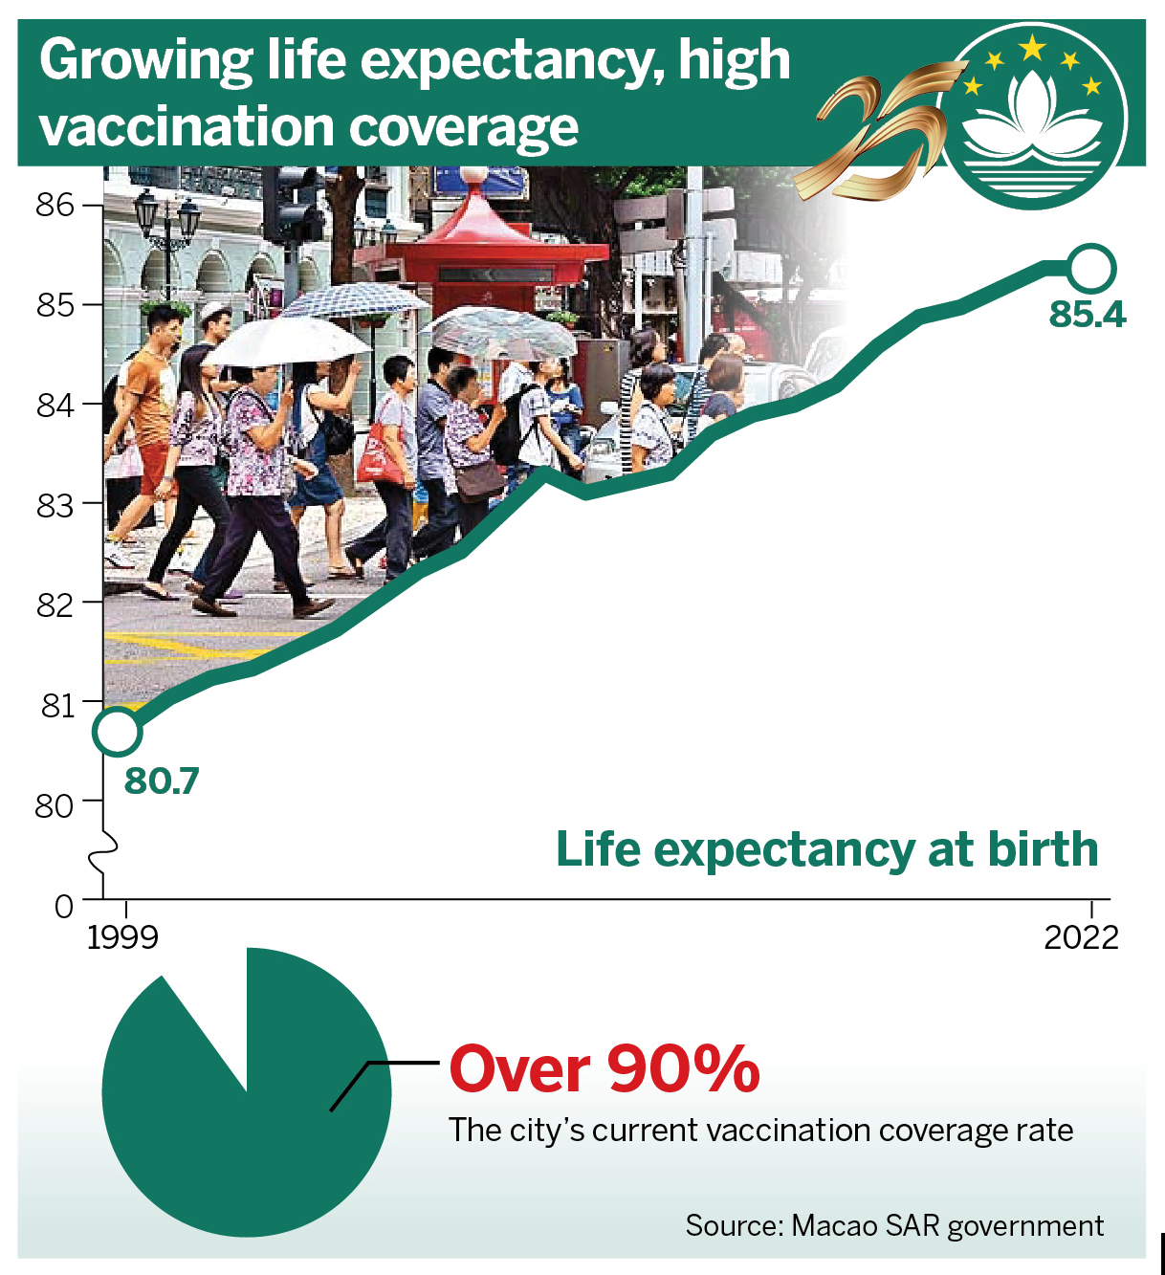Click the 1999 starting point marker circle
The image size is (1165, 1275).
118,732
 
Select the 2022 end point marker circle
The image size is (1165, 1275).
1092,269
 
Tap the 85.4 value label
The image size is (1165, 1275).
1087,315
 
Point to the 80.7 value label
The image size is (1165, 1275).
162,781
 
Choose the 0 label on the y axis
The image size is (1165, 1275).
64,907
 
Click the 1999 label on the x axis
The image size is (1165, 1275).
122,938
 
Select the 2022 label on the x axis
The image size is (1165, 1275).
1081,938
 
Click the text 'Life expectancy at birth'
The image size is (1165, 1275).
826,850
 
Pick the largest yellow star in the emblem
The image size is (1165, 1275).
1032,48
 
